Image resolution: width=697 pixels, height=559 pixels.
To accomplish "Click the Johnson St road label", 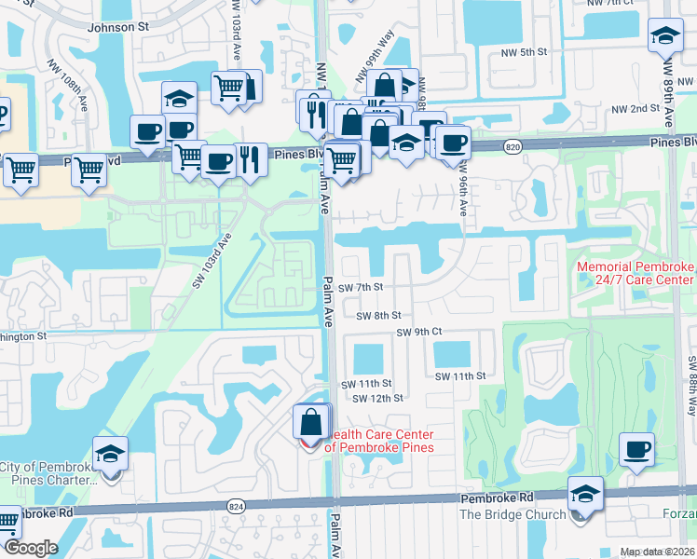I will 118,28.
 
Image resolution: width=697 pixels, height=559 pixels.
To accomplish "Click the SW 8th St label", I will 378,316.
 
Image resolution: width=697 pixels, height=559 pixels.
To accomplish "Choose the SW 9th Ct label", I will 418,332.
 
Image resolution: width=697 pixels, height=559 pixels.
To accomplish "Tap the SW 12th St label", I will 377,398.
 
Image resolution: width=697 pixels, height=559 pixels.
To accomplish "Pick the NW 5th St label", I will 522,52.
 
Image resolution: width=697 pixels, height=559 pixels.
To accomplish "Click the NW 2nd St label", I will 635,109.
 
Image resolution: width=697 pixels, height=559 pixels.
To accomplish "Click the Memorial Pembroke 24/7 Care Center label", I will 635,273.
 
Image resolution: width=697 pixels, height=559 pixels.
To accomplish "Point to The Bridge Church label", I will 512,514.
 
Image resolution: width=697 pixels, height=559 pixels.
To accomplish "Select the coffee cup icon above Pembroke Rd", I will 638,450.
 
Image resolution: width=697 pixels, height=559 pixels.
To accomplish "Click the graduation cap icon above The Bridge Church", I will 586,493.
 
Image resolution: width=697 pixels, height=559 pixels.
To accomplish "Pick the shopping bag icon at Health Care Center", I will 311,422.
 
